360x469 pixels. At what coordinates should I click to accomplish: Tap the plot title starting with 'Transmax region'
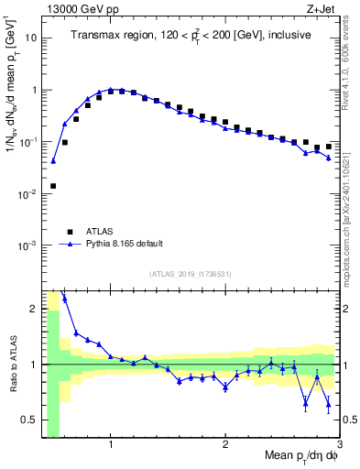coord(190,35)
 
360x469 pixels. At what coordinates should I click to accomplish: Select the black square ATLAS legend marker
coord(69,232)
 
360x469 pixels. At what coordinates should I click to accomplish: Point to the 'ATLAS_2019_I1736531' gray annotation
coord(190,274)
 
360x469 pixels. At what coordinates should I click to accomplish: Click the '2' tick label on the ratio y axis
coord(33,309)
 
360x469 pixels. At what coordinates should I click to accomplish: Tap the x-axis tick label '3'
coord(339,444)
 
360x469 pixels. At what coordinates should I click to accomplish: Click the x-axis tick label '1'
coord(111,444)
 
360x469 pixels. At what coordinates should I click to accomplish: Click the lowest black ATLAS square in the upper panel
coord(53,186)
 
